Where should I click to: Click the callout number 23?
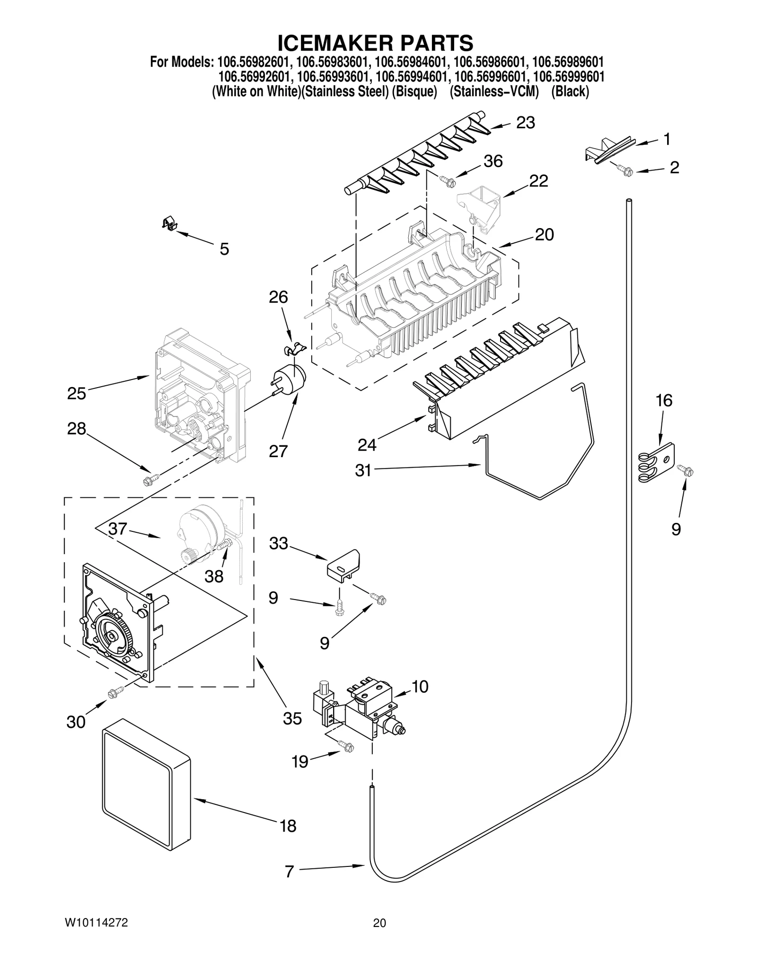click(525, 123)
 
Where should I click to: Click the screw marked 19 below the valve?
click(346, 746)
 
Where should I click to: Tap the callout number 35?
click(292, 718)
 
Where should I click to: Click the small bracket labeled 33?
click(344, 564)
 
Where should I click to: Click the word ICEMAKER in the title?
click(329, 43)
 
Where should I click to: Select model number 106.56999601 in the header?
click(568, 77)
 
